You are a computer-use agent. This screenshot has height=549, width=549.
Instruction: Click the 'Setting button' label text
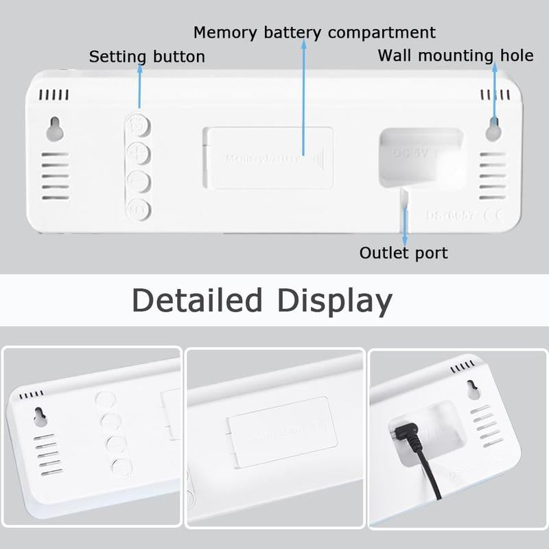point(147,56)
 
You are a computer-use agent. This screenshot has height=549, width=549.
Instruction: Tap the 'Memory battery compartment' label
point(314,32)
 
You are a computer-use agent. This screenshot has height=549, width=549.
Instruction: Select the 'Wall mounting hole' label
point(455,56)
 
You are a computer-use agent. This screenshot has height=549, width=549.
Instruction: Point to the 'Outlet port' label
point(404,253)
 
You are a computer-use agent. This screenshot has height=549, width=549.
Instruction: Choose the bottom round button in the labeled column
point(139,207)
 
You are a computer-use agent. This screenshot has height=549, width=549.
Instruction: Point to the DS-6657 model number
point(449,215)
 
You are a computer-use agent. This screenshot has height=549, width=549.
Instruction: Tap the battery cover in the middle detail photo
point(282,432)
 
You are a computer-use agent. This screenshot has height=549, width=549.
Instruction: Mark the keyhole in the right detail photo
point(473,389)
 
